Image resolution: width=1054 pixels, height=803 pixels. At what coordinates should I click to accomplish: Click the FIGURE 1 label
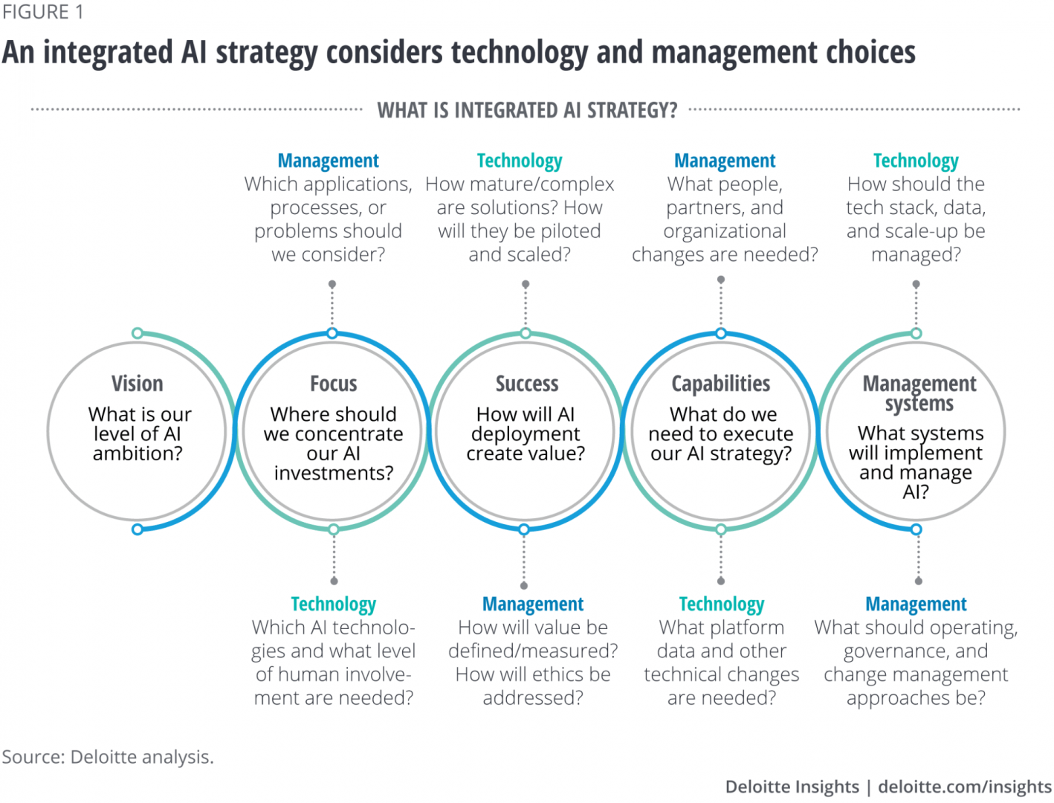click(x=42, y=12)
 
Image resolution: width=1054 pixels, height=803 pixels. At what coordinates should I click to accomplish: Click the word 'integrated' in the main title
click(x=108, y=54)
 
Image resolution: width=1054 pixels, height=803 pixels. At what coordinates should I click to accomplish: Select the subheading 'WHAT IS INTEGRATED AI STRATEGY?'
click(x=527, y=110)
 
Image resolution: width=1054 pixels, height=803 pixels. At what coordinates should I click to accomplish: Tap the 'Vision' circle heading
click(x=138, y=384)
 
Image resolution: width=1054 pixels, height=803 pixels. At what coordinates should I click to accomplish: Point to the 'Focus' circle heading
click(x=333, y=384)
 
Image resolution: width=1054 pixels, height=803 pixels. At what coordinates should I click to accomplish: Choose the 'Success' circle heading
click(x=527, y=384)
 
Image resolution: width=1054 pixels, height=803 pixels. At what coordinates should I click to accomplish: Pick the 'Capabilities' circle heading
click(x=721, y=384)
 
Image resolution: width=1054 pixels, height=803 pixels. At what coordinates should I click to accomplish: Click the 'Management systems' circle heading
click(x=919, y=393)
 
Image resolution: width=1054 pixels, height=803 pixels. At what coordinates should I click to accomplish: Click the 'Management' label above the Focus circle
click(x=329, y=161)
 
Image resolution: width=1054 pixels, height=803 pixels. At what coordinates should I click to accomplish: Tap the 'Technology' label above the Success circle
click(x=520, y=161)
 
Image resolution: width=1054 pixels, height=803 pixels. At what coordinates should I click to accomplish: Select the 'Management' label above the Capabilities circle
click(x=725, y=161)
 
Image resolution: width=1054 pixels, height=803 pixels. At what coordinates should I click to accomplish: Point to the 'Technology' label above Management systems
click(x=916, y=161)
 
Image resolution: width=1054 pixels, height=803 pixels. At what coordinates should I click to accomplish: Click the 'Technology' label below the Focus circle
click(x=333, y=604)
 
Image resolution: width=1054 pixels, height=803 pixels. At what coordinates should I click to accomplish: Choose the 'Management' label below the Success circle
click(x=533, y=604)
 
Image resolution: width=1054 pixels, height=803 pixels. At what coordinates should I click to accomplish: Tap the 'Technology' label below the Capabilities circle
click(x=721, y=604)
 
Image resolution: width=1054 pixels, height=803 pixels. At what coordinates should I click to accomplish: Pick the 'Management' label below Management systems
click(x=916, y=604)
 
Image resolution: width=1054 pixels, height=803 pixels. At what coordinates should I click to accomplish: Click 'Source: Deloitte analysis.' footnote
click(x=108, y=757)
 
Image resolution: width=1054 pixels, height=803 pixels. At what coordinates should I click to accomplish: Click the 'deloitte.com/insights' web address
click(x=965, y=787)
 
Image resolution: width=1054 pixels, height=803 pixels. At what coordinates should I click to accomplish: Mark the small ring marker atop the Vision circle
click(x=138, y=333)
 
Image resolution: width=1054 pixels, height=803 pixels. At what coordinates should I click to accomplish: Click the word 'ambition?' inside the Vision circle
click(x=138, y=454)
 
